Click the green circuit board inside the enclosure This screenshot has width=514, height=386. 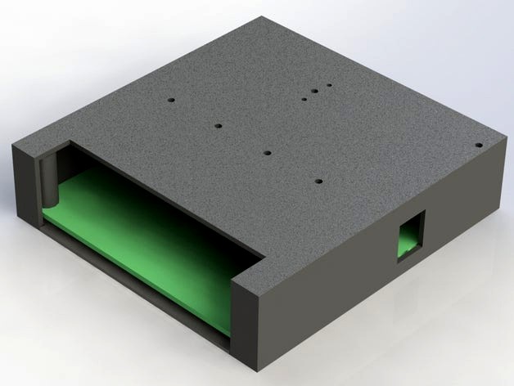point(147,237)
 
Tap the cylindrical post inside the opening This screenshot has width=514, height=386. point(50,178)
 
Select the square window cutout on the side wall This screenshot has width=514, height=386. point(410,234)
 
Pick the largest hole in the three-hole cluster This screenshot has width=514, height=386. point(313,92)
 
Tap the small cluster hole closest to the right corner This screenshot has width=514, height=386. point(329,84)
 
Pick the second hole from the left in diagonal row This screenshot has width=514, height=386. point(219,126)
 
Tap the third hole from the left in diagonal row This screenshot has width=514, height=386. point(268,152)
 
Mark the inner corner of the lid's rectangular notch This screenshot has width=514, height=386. point(264,260)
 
